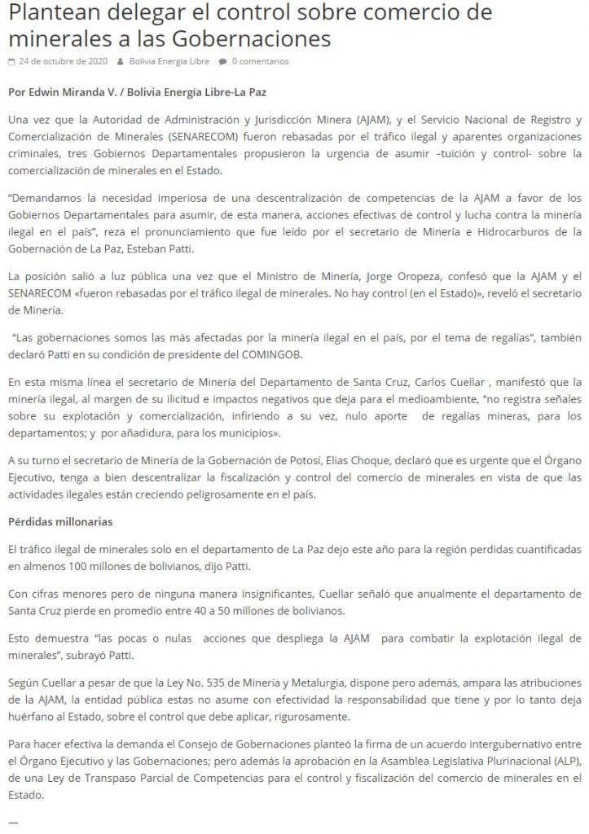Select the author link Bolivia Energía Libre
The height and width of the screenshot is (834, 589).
coord(169,62)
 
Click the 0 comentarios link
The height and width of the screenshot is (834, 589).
coord(260,62)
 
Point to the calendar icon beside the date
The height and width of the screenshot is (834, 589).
coord(11,62)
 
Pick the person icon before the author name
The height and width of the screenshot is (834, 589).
coord(121,62)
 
